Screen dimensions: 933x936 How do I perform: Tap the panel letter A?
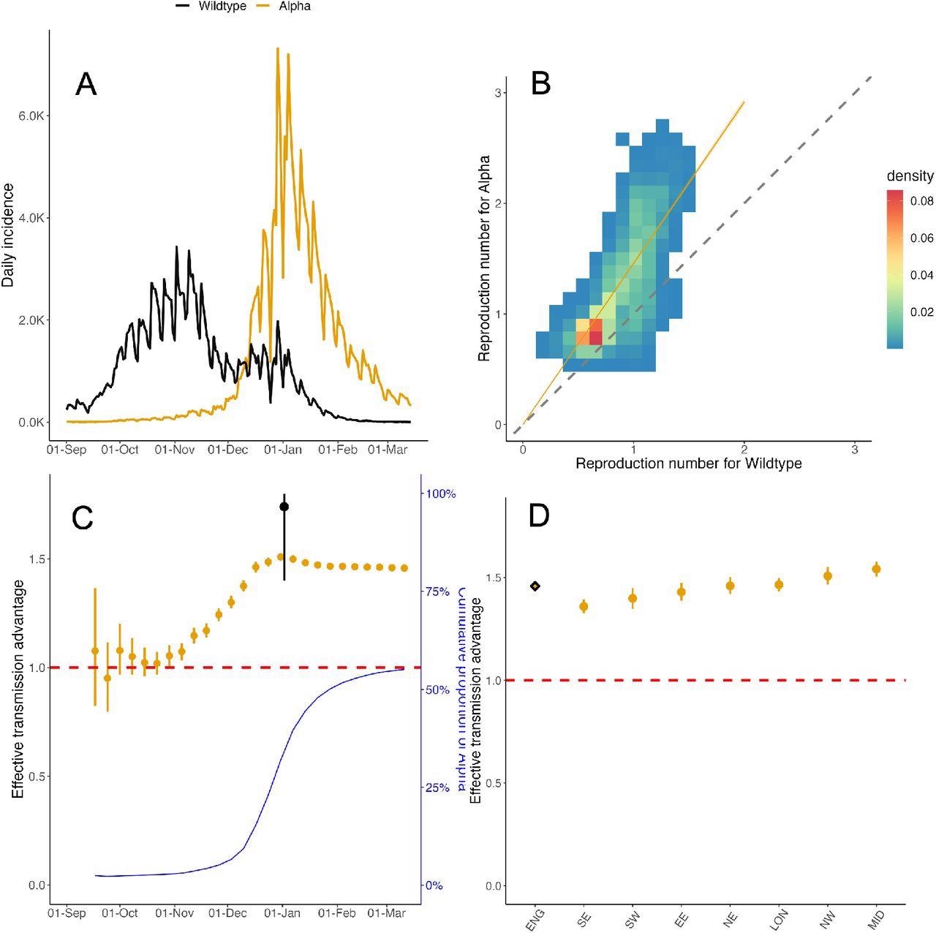[x=86, y=85]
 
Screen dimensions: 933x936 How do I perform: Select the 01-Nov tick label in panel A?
[x=175, y=450]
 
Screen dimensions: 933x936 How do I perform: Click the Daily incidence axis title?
[x=8, y=235]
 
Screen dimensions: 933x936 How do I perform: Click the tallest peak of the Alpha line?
[x=278, y=49]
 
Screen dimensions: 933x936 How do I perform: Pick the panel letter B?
[x=540, y=85]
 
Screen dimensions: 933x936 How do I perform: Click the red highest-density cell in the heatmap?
[x=595, y=331]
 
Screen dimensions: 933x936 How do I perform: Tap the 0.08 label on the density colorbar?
[x=921, y=201]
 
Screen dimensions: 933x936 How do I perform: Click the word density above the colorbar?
[x=910, y=175]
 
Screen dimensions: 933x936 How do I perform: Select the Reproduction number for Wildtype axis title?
[x=688, y=464]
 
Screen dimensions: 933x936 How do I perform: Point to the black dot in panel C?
[x=284, y=507]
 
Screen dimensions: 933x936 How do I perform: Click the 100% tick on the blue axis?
[x=440, y=494]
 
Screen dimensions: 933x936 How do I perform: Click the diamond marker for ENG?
[x=535, y=586]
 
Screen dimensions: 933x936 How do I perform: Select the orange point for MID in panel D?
[x=876, y=569]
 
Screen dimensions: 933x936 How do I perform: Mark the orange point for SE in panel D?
[x=584, y=606]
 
